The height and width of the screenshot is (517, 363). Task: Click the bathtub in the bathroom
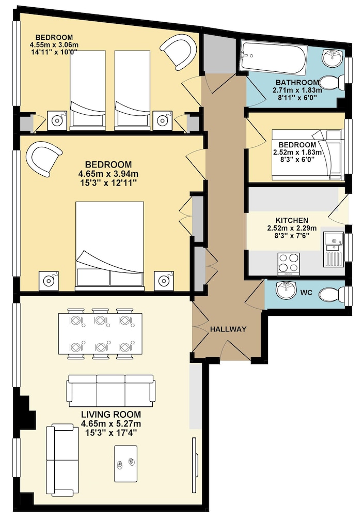(x=273, y=57)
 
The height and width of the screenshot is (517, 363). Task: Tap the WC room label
(x=306, y=293)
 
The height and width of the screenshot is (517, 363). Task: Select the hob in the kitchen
(x=289, y=264)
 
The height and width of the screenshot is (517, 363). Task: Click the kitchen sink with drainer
(x=334, y=249)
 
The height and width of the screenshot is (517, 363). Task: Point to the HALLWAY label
(x=228, y=329)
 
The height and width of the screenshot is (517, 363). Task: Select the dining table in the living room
(x=100, y=333)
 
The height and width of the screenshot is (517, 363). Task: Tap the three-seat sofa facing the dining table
(x=111, y=391)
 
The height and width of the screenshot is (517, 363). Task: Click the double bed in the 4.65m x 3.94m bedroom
(x=109, y=246)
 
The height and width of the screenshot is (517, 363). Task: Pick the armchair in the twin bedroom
(x=179, y=52)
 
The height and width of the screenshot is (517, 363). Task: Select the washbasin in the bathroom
(x=333, y=58)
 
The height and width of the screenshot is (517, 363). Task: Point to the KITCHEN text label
(x=292, y=220)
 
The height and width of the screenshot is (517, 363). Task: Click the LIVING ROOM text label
(x=111, y=415)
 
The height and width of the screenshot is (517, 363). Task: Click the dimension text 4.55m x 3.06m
(x=54, y=45)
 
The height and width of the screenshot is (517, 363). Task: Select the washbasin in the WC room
(x=287, y=290)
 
